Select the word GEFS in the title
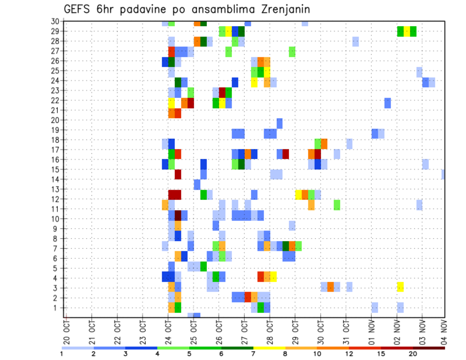[77, 9]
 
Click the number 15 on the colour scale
[382, 354]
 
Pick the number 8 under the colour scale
[285, 354]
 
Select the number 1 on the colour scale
[61, 354]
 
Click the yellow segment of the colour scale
[269, 347]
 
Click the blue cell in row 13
[197, 184]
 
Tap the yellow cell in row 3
[400, 287]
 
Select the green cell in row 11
[337, 205]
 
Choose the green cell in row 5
[203, 266]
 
